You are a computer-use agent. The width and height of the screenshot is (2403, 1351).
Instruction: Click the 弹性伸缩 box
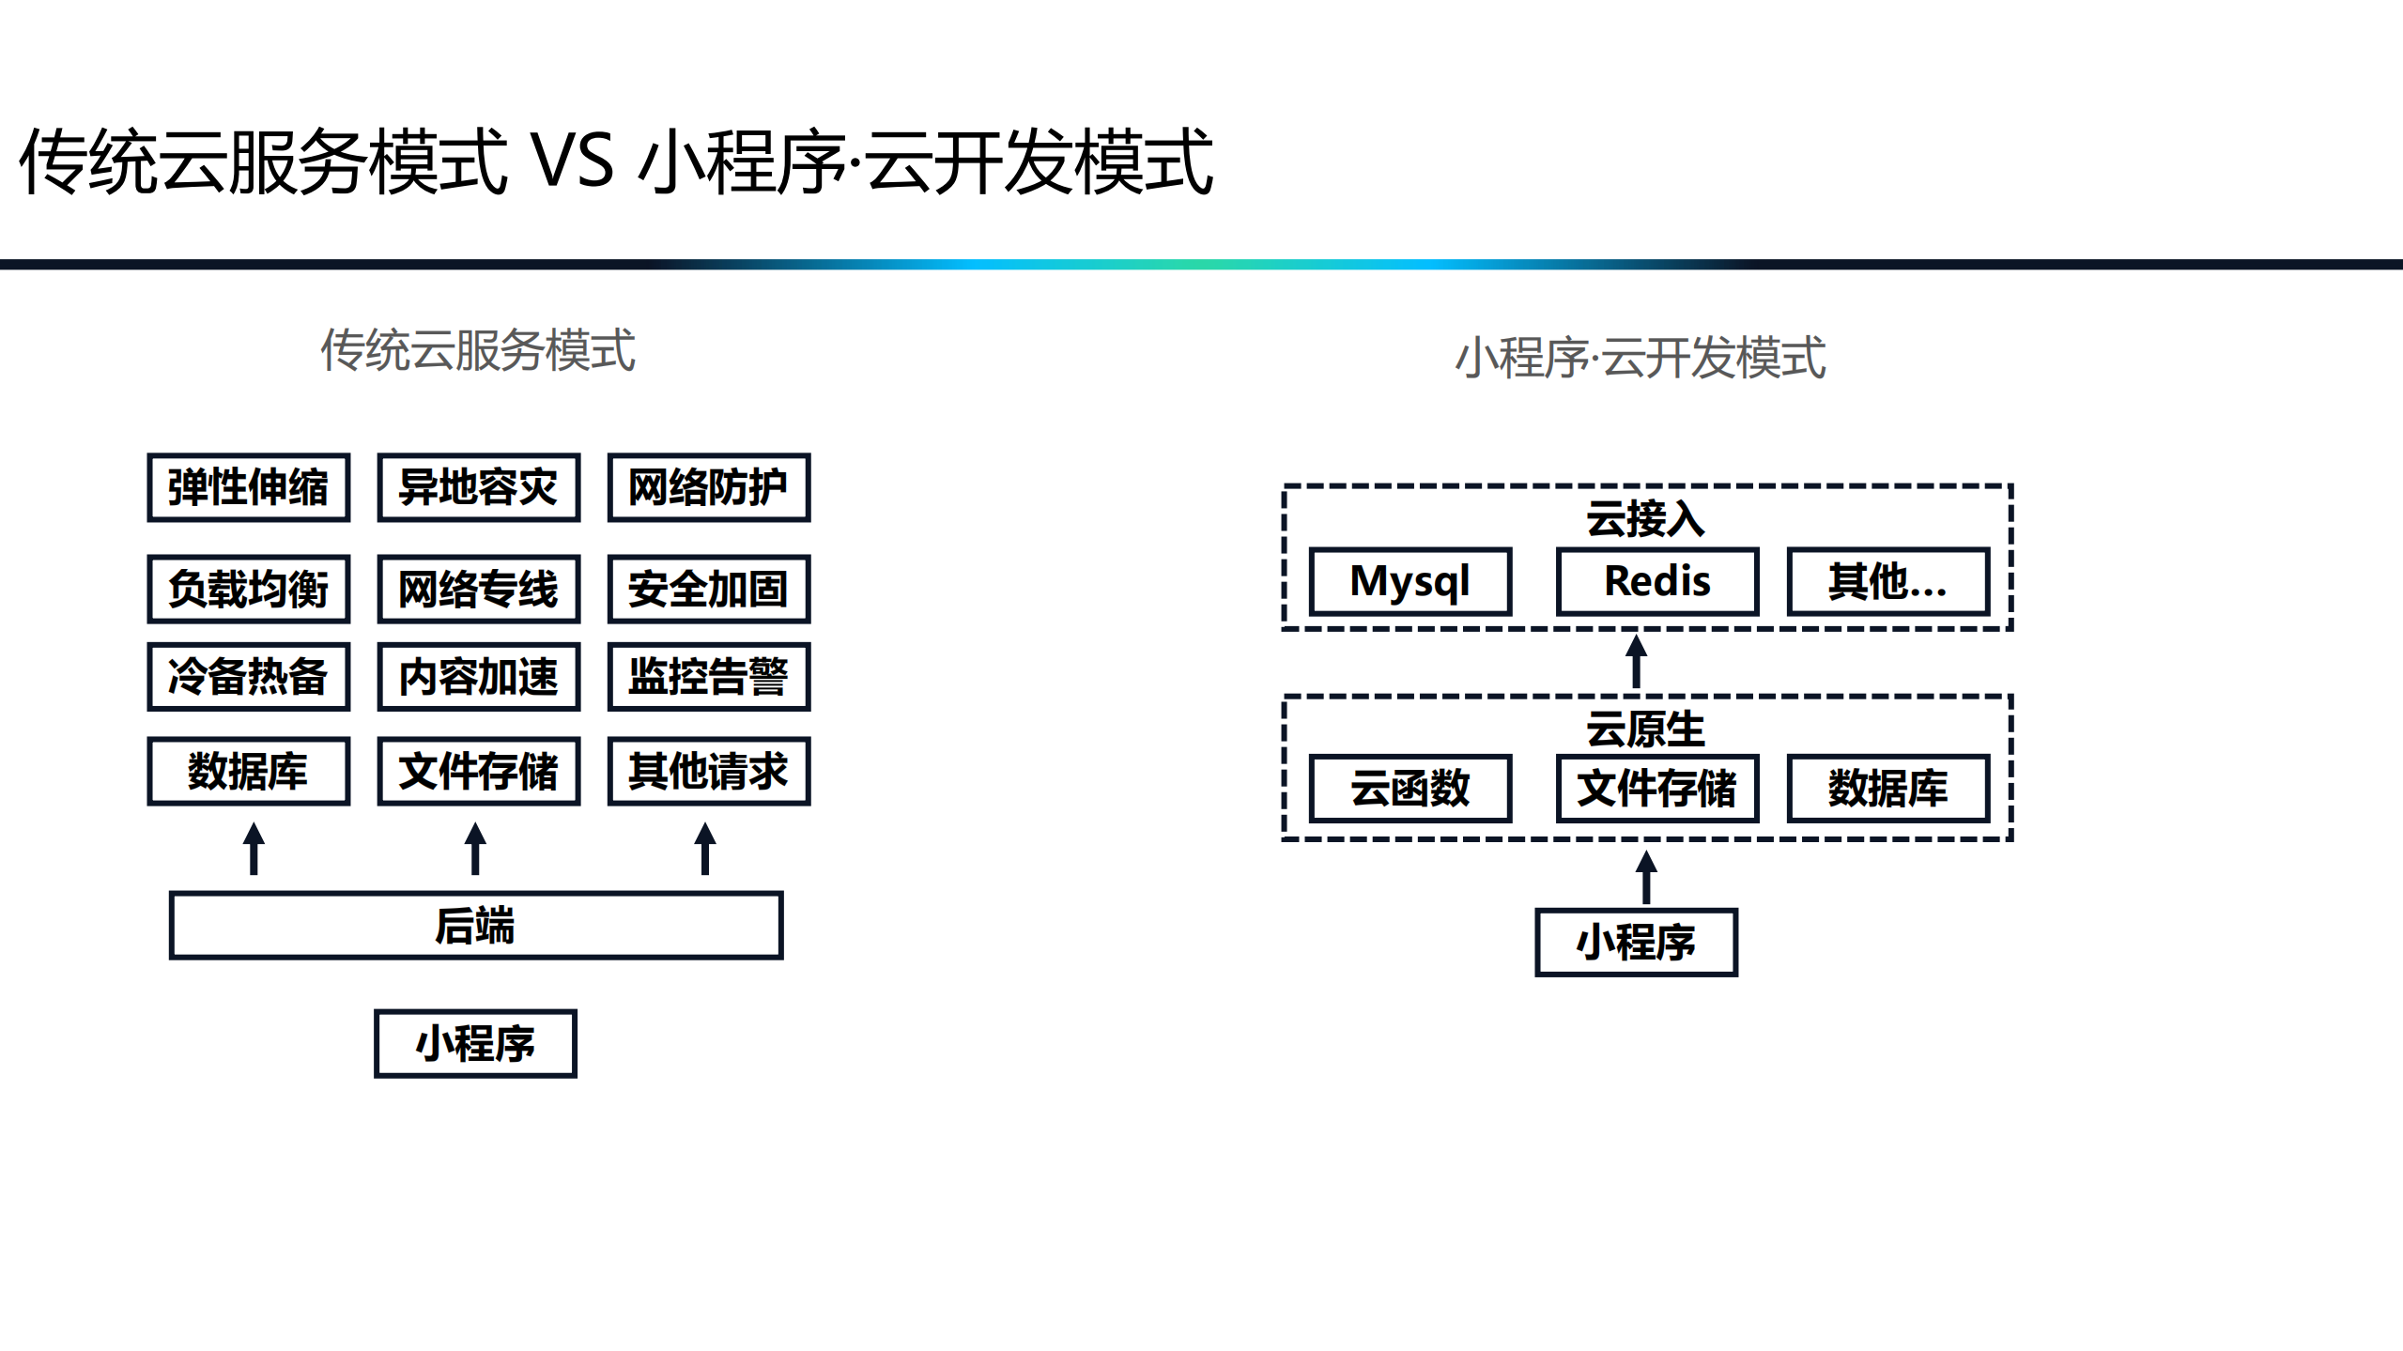pyautogui.click(x=248, y=487)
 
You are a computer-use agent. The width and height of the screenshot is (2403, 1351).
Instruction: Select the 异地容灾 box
pyautogui.click(x=478, y=487)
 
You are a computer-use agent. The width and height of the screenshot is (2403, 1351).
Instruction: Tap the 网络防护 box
pyautogui.click(x=708, y=487)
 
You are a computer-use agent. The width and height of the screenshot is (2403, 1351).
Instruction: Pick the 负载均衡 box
pyautogui.click(x=248, y=589)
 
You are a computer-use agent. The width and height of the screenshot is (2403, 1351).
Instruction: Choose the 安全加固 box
pyautogui.click(x=708, y=589)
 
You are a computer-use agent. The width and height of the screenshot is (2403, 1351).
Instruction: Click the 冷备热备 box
pyautogui.click(x=248, y=676)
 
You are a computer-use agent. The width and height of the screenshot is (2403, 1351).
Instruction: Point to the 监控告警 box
pyautogui.click(x=708, y=676)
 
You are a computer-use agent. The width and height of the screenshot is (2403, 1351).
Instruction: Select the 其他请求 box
pyautogui.click(x=708, y=771)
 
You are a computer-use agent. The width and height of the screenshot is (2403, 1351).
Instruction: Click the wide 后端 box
pyautogui.click(x=475, y=925)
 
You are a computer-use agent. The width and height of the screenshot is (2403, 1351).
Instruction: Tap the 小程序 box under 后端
pyautogui.click(x=475, y=1043)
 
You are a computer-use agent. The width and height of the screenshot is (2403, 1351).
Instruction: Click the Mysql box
pyautogui.click(x=1409, y=581)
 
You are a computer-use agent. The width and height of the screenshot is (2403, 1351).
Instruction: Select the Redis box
pyautogui.click(x=1656, y=581)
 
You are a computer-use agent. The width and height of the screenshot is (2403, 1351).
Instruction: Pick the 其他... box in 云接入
pyautogui.click(x=1887, y=581)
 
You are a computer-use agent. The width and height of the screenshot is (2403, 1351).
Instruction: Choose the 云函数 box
pyautogui.click(x=1409, y=788)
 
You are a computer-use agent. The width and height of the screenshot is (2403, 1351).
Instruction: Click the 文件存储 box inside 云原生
pyautogui.click(x=1656, y=788)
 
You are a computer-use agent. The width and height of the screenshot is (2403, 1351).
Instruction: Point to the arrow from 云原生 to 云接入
pyautogui.click(x=1636, y=662)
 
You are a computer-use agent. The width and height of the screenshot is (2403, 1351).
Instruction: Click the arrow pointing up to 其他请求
pyautogui.click(x=705, y=848)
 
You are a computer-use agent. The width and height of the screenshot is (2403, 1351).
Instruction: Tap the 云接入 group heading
pyautogui.click(x=1645, y=518)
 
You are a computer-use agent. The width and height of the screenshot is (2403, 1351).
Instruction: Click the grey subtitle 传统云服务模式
pyautogui.click(x=478, y=350)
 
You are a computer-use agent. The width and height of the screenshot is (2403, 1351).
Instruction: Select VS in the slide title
pyautogui.click(x=573, y=161)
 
